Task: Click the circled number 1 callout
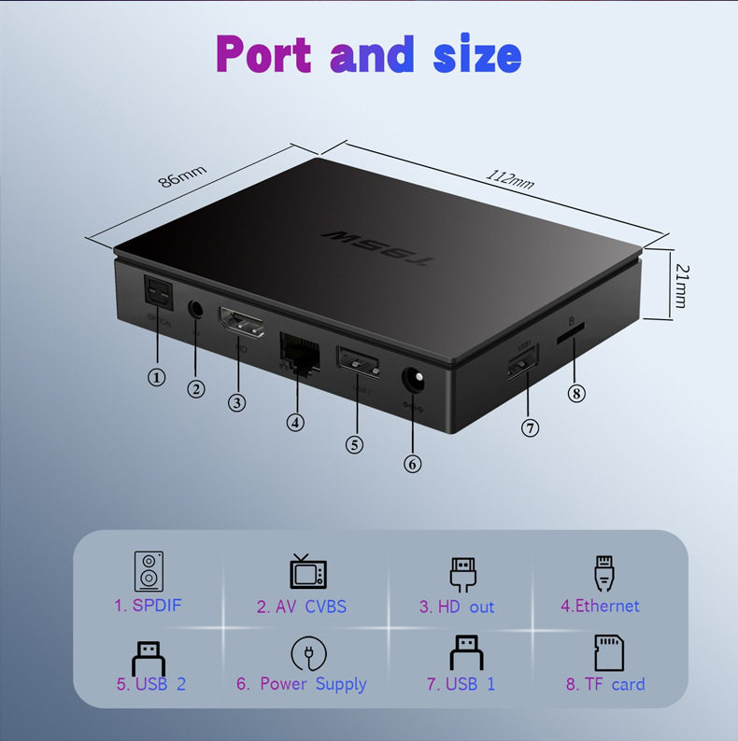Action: click(x=157, y=377)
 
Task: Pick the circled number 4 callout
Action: click(x=296, y=422)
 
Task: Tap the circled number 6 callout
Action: click(x=412, y=463)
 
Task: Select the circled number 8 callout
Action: click(x=576, y=393)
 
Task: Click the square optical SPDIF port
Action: click(x=156, y=294)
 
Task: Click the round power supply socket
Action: click(x=412, y=383)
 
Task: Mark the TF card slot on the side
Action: click(x=572, y=330)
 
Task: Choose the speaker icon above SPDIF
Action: click(x=149, y=571)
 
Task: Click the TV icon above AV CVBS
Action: click(x=301, y=571)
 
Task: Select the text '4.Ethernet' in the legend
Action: click(x=600, y=606)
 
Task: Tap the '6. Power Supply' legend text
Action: click(x=301, y=684)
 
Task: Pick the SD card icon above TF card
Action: click(x=608, y=652)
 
